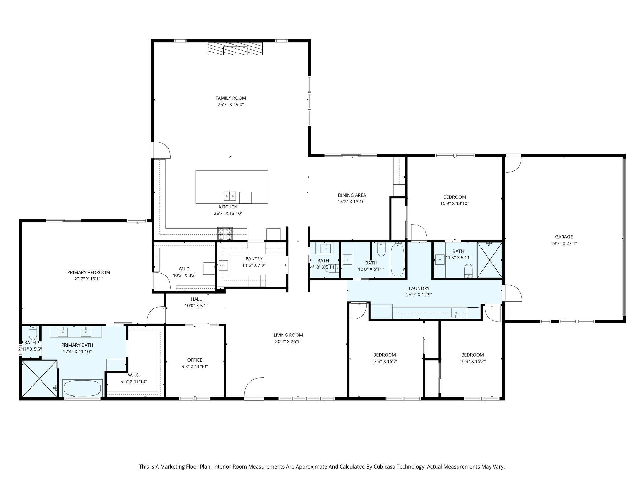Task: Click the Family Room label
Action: [230, 98]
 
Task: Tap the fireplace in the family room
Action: [235, 49]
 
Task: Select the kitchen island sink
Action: [230, 196]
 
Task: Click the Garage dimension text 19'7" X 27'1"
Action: [564, 243]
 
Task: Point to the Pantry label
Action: [254, 259]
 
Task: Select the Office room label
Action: [195, 360]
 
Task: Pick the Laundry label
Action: [419, 288]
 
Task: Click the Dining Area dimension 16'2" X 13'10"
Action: [352, 202]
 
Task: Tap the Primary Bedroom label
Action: [88, 272]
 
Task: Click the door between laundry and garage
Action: [512, 292]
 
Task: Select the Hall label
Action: [196, 299]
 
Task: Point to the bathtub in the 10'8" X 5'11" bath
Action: [397, 260]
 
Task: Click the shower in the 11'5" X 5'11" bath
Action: [489, 260]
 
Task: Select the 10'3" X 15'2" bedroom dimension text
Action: [472, 361]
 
